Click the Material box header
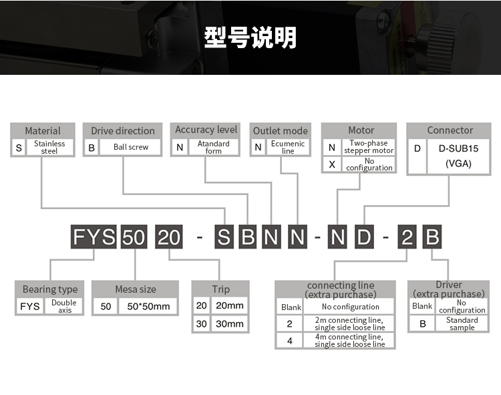tap(43, 131)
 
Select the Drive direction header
tap(123, 131)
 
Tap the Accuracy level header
tap(206, 130)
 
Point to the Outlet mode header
tap(281, 131)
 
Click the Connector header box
tap(450, 130)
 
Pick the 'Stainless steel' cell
tap(49, 147)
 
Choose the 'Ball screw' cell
tap(130, 147)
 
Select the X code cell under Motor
tap(332, 164)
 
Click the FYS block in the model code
tap(94, 237)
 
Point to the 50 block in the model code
tap(133, 237)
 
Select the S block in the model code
tap(224, 237)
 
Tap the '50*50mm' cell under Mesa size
tap(148, 307)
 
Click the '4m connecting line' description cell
tap(349, 340)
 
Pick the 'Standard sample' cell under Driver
tap(462, 323)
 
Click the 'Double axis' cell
tap(65, 307)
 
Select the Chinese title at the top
tap(251, 37)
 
